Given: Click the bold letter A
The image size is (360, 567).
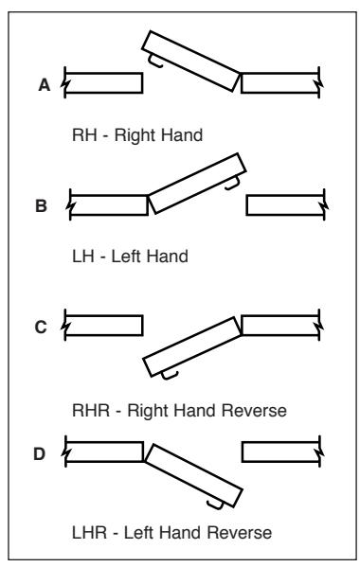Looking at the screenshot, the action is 45,85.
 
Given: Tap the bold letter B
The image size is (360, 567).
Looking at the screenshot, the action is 41,205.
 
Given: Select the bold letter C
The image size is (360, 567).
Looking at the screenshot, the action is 41,327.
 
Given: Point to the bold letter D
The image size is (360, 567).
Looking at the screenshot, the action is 40,453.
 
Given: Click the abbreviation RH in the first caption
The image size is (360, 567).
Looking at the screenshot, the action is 84,135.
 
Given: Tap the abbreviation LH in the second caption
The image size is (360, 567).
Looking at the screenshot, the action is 83,257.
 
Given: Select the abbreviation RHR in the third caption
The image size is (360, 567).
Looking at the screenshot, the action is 91,411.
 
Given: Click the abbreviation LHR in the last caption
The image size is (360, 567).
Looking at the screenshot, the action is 89,533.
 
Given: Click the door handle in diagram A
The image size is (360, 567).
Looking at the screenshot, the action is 155,62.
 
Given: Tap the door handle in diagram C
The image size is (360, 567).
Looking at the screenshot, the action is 170,376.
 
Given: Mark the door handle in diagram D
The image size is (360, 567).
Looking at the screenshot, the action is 215,505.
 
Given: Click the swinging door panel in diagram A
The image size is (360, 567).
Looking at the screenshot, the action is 190,61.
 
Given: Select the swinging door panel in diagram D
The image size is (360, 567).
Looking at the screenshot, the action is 193,475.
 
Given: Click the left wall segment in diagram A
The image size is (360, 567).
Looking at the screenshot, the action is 103,82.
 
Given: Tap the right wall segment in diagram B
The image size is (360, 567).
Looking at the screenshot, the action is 285,205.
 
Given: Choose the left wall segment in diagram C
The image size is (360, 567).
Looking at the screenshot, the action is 103,326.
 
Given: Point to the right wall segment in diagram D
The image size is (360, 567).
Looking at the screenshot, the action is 280,452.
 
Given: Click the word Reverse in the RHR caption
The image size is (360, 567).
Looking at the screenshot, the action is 254,411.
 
